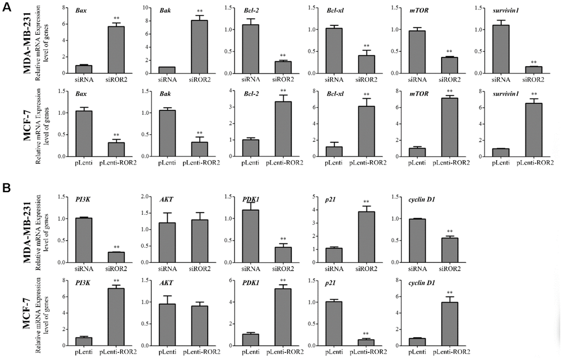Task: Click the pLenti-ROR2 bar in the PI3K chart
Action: pyautogui.click(x=116, y=317)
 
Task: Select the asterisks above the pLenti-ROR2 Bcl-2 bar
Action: pyautogui.click(x=283, y=91)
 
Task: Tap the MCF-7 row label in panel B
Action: pyautogui.click(x=26, y=313)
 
